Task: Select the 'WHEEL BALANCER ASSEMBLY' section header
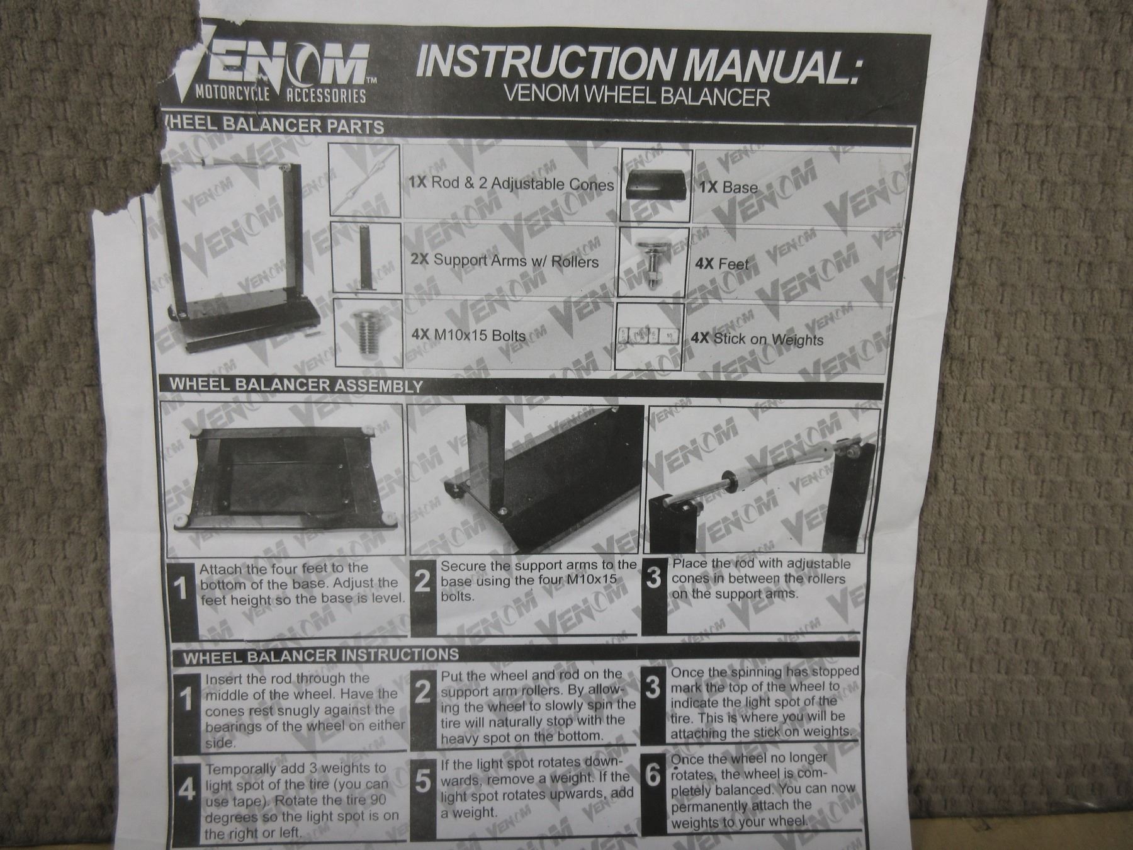[x=296, y=385]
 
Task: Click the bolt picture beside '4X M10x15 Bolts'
[x=368, y=334]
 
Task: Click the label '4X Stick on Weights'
[x=757, y=339]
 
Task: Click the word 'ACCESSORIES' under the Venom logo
[x=326, y=96]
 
